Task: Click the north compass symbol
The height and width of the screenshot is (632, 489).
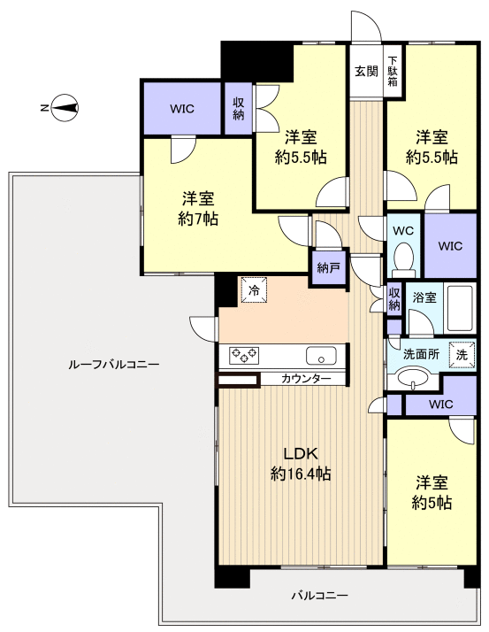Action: click(x=64, y=109)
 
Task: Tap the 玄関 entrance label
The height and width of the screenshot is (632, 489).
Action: click(x=366, y=71)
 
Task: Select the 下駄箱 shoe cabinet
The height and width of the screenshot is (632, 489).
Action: click(x=393, y=72)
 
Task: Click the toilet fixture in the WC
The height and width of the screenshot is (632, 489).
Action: click(x=403, y=259)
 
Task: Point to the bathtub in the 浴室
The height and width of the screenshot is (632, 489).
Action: click(x=460, y=306)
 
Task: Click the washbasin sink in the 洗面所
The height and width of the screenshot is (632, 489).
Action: click(x=412, y=379)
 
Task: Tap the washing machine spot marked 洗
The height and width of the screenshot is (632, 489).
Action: click(x=461, y=353)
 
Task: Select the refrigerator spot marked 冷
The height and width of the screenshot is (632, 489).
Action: click(x=255, y=289)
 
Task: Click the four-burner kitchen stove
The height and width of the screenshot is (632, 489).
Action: click(x=245, y=356)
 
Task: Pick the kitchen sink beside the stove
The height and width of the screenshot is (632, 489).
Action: click(x=320, y=356)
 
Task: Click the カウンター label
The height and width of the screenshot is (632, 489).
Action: click(x=307, y=379)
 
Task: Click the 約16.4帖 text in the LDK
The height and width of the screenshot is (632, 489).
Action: click(x=301, y=474)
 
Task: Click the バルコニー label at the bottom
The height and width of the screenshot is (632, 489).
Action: click(x=319, y=596)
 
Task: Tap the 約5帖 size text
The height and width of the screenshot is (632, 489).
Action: click(x=432, y=503)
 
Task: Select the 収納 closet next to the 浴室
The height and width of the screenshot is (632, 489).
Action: click(x=394, y=298)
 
